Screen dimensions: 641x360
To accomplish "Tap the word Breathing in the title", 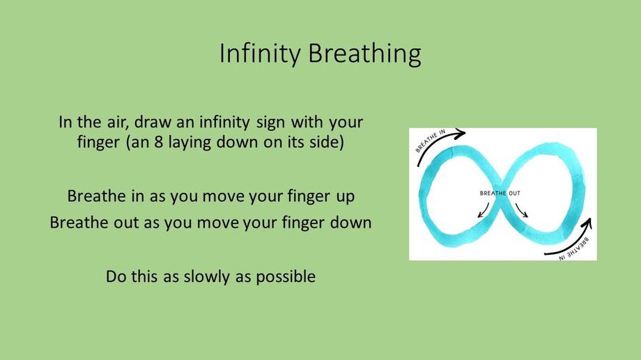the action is (x=364, y=54).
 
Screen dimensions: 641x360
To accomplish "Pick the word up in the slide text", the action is (x=346, y=197).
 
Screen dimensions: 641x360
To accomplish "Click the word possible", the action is (x=286, y=276).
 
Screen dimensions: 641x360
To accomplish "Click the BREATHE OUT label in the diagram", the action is (x=500, y=193).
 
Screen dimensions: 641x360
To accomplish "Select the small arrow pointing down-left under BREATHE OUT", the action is (x=484, y=210).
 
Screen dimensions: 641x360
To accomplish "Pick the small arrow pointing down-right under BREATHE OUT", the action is (x=522, y=210).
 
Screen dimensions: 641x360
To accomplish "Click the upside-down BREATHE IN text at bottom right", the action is (x=575, y=249).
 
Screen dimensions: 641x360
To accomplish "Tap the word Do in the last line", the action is (x=116, y=276).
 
